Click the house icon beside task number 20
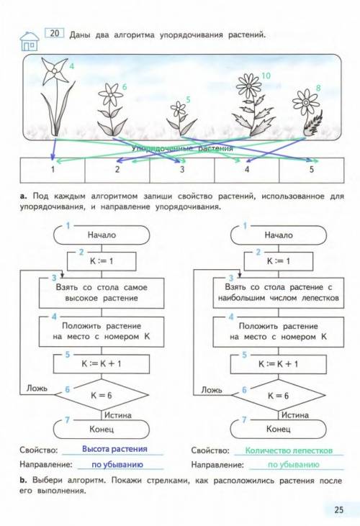point(30,41)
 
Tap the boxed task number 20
point(54,33)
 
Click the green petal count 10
point(266,76)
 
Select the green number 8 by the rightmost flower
point(318,88)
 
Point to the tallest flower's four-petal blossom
point(54,71)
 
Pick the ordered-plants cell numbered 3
point(182,170)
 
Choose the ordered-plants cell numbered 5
point(311,170)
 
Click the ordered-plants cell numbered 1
point(53,170)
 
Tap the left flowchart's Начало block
point(102,235)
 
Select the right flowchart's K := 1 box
point(279,261)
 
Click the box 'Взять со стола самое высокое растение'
point(102,293)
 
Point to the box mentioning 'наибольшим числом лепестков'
point(279,293)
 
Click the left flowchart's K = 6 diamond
point(102,395)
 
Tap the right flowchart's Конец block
point(279,429)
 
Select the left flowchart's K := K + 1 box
point(102,364)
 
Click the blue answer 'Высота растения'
point(114,449)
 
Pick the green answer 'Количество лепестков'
point(289,450)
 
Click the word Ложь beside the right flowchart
point(212,390)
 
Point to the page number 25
point(339,510)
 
